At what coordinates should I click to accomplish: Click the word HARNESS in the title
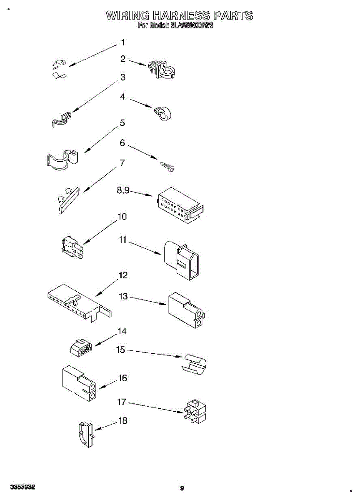click(x=182, y=16)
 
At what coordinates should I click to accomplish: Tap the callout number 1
click(x=123, y=42)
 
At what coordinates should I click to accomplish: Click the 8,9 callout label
click(x=123, y=190)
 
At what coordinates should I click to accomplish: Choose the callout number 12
click(x=123, y=275)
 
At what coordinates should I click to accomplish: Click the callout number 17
click(x=121, y=402)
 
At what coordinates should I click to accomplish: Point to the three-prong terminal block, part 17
click(x=195, y=412)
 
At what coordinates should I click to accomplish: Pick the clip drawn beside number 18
click(x=85, y=435)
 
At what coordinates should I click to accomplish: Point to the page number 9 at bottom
click(x=182, y=488)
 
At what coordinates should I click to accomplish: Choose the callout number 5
click(x=122, y=123)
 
